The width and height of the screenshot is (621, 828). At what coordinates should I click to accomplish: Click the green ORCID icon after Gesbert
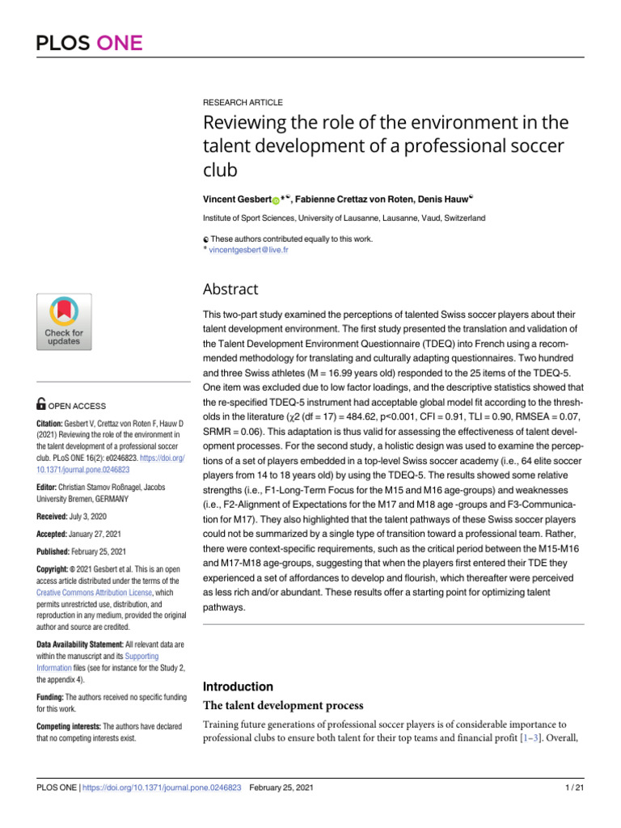pos(275,200)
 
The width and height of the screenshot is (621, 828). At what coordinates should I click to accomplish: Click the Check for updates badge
pos(63,322)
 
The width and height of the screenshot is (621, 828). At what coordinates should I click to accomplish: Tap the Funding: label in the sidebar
pos(50,696)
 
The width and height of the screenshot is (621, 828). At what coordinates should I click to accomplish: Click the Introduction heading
pos(239,686)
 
